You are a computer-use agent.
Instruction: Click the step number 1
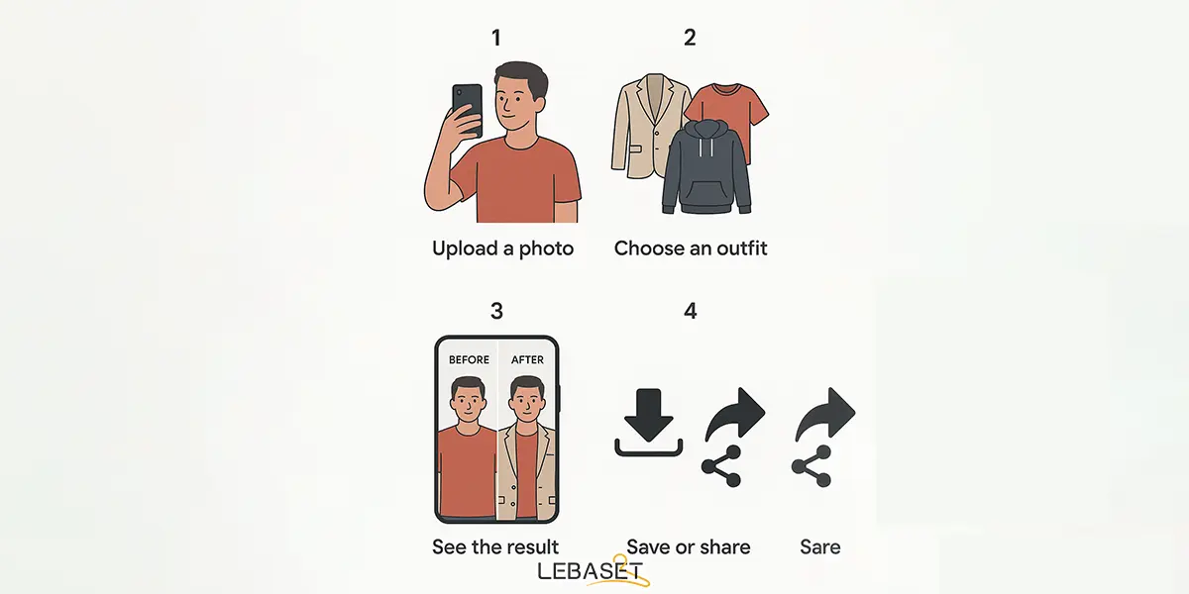(x=495, y=38)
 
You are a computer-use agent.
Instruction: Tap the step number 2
(x=690, y=38)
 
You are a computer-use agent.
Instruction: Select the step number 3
(x=496, y=311)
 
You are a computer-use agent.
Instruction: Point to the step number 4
(x=690, y=311)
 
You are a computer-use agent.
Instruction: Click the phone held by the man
(x=467, y=109)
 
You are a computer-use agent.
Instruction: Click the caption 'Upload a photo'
(x=502, y=248)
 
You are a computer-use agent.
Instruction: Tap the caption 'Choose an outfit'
(x=691, y=247)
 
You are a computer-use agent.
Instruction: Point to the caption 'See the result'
(x=495, y=546)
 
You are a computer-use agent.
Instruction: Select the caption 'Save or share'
(x=689, y=546)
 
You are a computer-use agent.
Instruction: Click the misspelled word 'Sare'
(x=820, y=546)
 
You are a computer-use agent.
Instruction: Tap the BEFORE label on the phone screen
(x=469, y=359)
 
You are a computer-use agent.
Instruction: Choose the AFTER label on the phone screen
(x=527, y=359)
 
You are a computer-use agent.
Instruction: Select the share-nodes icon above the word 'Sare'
(x=811, y=466)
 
